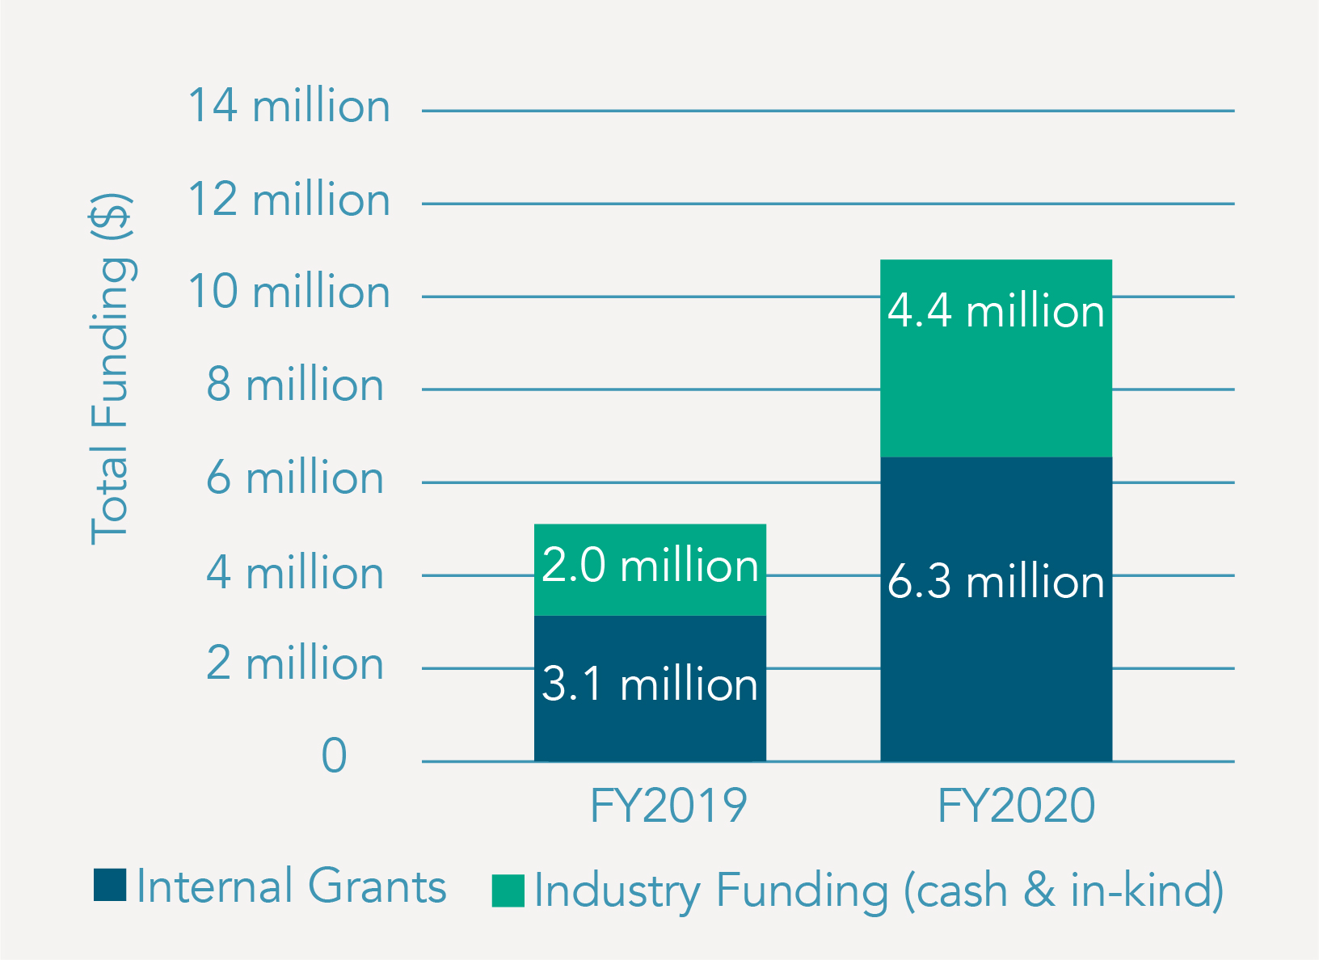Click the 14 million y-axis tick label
tap(289, 107)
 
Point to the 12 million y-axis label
tap(289, 200)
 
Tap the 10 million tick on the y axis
tap(289, 292)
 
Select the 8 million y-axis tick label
tap(294, 385)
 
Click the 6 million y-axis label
tap(294, 478)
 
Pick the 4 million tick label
tap(294, 574)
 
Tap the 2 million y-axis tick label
tap(294, 664)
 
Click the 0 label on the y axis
tap(334, 756)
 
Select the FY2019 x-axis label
tap(668, 806)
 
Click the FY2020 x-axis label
tap(1016, 806)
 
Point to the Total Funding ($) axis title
tap(111, 368)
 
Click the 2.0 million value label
tap(650, 566)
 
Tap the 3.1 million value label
tap(650, 684)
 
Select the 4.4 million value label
tap(996, 312)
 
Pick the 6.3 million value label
tap(996, 582)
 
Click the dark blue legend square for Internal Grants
tap(110, 885)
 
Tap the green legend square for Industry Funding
tap(508, 891)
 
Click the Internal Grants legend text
tap(291, 886)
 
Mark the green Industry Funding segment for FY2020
tap(996, 388)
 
